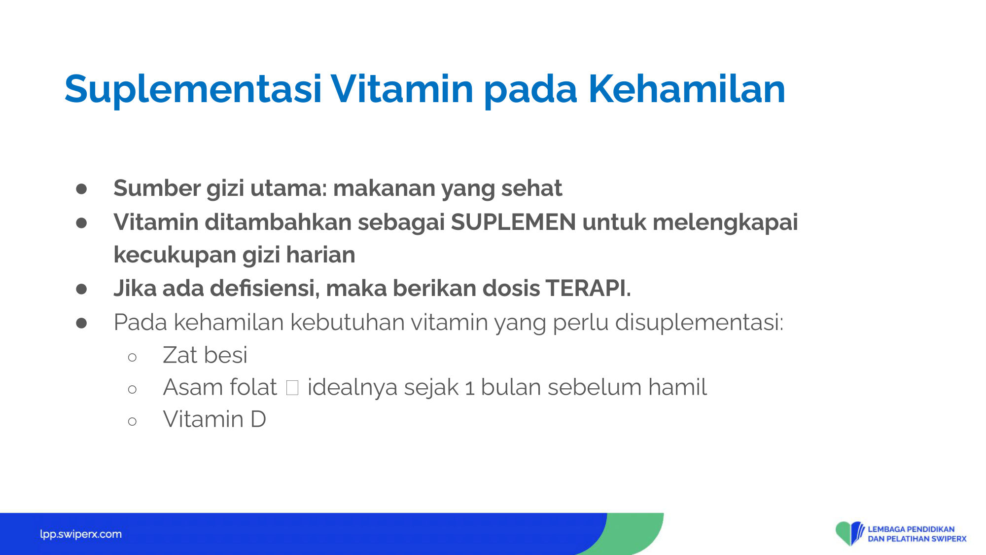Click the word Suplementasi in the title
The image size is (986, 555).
pos(193,89)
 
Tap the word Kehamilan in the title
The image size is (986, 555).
pos(687,89)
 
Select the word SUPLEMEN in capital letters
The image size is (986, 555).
pos(513,222)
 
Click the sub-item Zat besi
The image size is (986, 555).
pos(205,355)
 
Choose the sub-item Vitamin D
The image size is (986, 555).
pos(214,419)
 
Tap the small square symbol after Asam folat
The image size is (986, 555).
pos(292,388)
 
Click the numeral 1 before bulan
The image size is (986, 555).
pos(470,388)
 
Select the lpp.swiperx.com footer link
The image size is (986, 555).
pos(81,534)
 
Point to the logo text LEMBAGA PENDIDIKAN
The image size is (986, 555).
pos(911,529)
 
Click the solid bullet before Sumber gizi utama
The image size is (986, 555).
pos(81,189)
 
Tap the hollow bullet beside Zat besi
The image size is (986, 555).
pos(132,357)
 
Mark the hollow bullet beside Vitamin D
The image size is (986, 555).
pos(132,421)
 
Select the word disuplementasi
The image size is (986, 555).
pos(700,323)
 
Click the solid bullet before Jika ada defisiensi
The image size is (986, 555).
pos(81,289)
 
